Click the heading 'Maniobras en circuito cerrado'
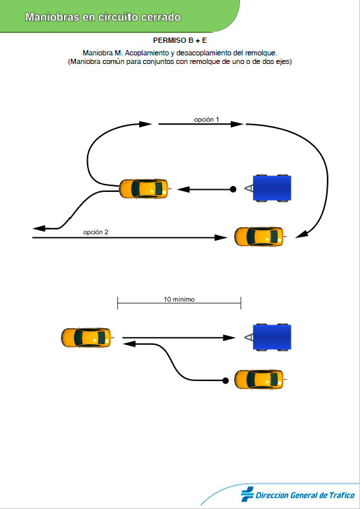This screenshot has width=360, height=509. [x=103, y=17]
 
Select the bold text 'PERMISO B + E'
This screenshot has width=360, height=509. [x=180, y=41]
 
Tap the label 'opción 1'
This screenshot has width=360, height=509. [x=206, y=119]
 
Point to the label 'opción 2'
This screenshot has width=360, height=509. [x=96, y=232]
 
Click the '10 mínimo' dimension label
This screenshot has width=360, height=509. [x=179, y=299]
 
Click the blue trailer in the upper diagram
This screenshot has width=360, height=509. [x=272, y=189]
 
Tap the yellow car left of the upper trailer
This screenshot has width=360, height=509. [x=144, y=189]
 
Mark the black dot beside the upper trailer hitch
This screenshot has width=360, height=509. [x=233, y=189]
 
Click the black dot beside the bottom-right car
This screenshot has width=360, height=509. [x=225, y=380]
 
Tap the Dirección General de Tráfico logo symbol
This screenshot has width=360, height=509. [x=247, y=494]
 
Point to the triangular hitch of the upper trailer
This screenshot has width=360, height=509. [x=249, y=189]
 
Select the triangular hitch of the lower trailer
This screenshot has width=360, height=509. [x=249, y=338]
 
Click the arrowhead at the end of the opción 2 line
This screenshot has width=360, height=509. [x=220, y=238]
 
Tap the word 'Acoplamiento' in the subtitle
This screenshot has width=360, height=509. [x=146, y=53]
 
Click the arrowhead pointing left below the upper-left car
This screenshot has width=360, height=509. [x=39, y=229]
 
